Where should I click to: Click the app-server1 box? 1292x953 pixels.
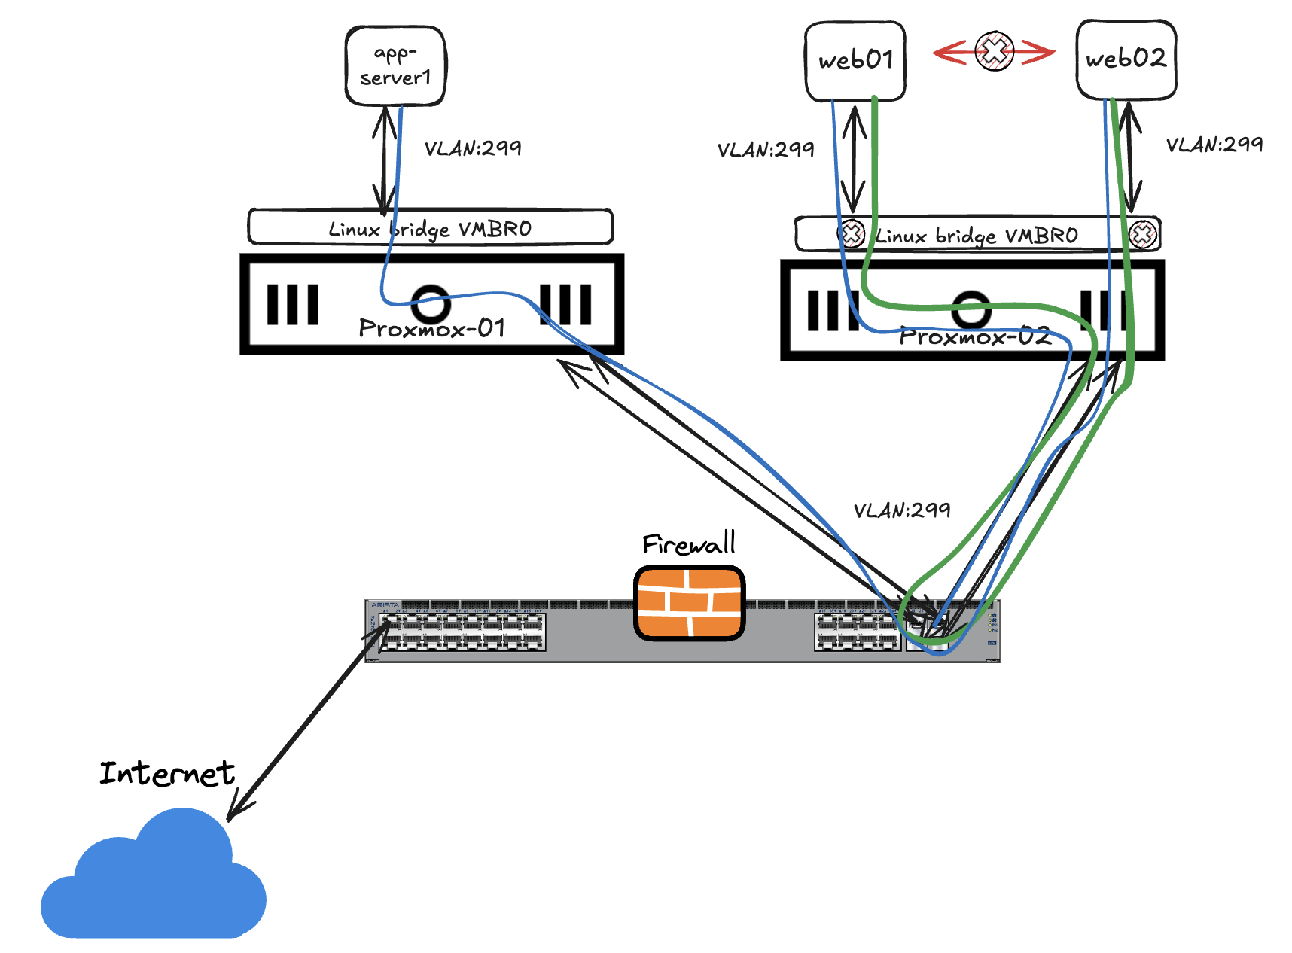click(395, 66)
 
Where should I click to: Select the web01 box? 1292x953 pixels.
click(855, 60)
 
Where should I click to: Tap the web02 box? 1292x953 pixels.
click(1126, 59)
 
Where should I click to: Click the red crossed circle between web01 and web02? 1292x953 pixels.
click(994, 51)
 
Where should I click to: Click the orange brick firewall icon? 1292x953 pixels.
click(689, 603)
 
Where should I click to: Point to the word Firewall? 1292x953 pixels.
click(688, 543)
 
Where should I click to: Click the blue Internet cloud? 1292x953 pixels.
click(154, 881)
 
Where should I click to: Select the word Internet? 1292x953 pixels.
click(167, 773)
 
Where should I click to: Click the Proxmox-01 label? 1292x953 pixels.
click(431, 328)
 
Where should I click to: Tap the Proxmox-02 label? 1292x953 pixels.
click(975, 336)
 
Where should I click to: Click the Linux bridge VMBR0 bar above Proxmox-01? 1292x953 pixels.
click(431, 227)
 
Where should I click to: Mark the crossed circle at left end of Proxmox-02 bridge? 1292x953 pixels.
click(851, 234)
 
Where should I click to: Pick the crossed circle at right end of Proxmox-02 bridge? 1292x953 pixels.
click(1142, 234)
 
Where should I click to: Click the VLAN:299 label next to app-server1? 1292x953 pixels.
click(472, 148)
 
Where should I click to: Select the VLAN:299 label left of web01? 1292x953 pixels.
click(765, 150)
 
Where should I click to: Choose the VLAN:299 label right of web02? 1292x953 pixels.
click(1214, 145)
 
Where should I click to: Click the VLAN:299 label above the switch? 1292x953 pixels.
click(901, 510)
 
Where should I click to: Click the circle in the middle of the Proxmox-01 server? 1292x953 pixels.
click(431, 303)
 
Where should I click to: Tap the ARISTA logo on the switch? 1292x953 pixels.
click(385, 605)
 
